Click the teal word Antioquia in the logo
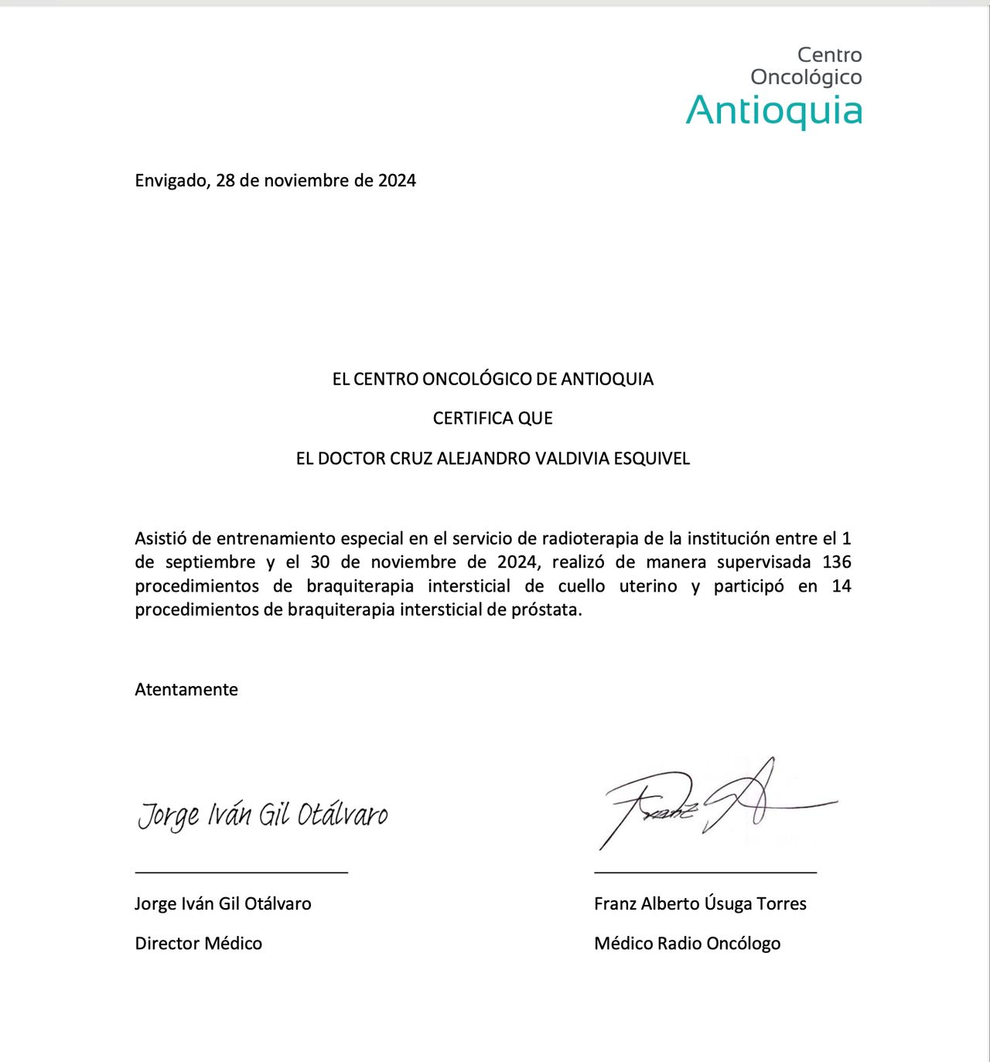click(x=774, y=110)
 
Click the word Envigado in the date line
click(x=170, y=181)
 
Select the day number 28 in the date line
click(x=225, y=181)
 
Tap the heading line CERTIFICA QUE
click(x=493, y=418)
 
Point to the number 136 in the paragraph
click(x=836, y=562)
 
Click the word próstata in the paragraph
click(x=546, y=610)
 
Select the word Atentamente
click(x=186, y=690)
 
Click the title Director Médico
click(x=199, y=944)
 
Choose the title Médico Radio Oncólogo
click(x=687, y=944)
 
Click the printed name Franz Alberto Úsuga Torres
click(x=700, y=903)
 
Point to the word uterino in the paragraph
click(x=648, y=586)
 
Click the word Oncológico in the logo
click(x=806, y=77)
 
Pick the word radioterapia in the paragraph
click(x=590, y=538)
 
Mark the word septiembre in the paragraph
click(x=210, y=562)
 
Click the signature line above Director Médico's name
click(x=241, y=872)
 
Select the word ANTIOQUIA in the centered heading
click(x=607, y=379)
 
